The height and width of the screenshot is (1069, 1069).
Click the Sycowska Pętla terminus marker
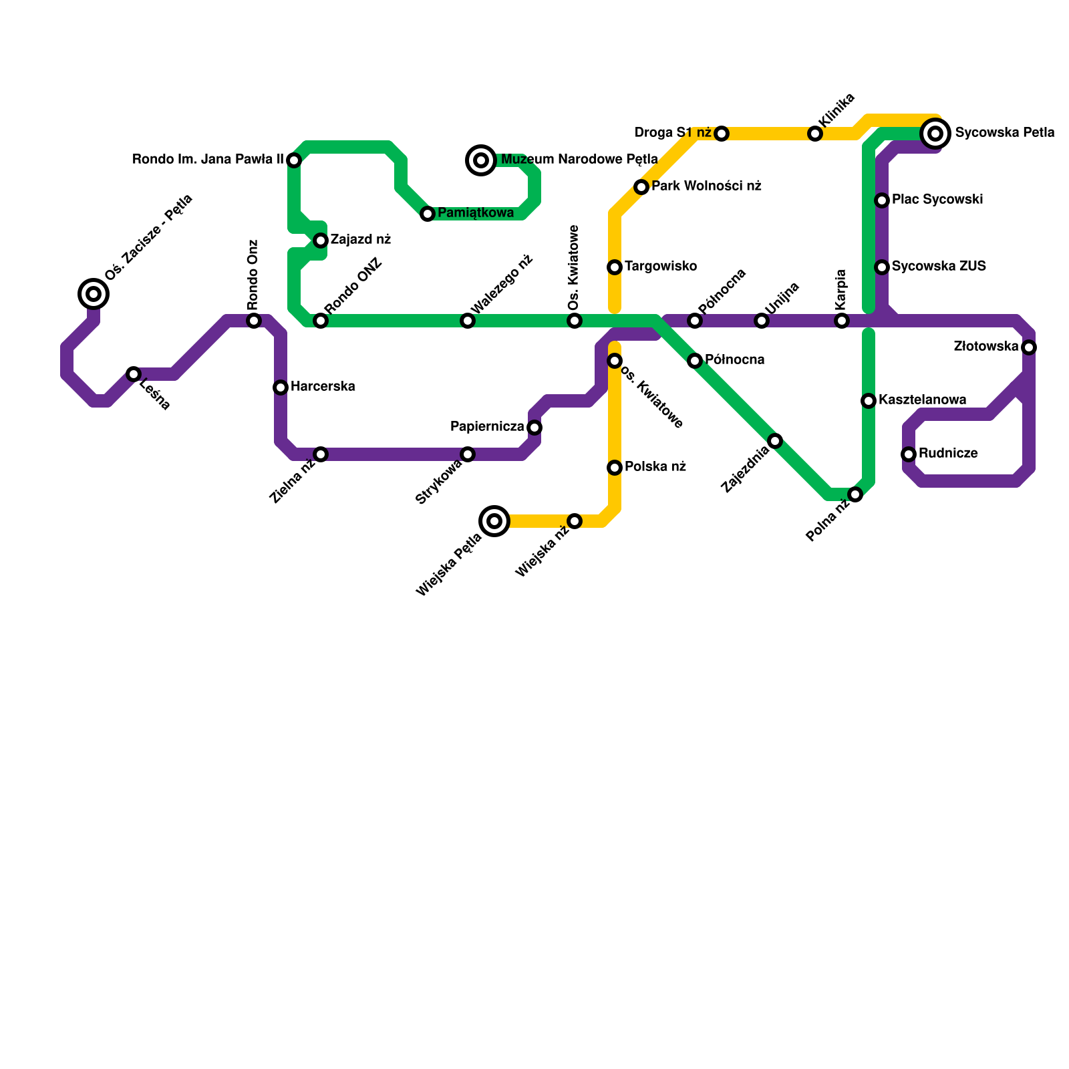pos(935,134)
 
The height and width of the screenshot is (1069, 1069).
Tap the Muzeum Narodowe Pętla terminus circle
pos(481,160)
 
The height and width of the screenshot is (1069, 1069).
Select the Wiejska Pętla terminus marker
pos(494,521)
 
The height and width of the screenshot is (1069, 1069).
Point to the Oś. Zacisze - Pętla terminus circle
pos(94,293)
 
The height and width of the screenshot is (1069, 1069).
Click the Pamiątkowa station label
pos(476,213)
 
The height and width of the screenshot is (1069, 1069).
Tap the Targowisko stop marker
pos(615,267)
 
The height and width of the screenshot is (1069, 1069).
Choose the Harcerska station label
pos(323,387)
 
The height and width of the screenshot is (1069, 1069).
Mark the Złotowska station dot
pos(1029,347)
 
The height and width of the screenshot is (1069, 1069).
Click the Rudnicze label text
pos(948,454)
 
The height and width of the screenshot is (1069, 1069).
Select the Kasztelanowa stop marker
pos(869,401)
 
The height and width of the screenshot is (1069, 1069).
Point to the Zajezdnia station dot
pos(775,441)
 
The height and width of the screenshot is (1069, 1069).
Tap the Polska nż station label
pos(655,467)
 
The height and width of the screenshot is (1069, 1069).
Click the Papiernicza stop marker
pos(534,428)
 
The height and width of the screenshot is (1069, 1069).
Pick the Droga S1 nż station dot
pos(722,134)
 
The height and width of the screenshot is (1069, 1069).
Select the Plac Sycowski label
pos(937,200)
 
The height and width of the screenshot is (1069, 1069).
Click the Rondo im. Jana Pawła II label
pos(208,160)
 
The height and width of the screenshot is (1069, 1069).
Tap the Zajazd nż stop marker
pos(321,241)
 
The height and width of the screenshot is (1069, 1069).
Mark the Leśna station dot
pos(134,374)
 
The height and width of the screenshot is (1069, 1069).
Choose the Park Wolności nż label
pos(706,186)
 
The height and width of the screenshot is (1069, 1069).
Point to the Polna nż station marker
pos(855,494)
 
